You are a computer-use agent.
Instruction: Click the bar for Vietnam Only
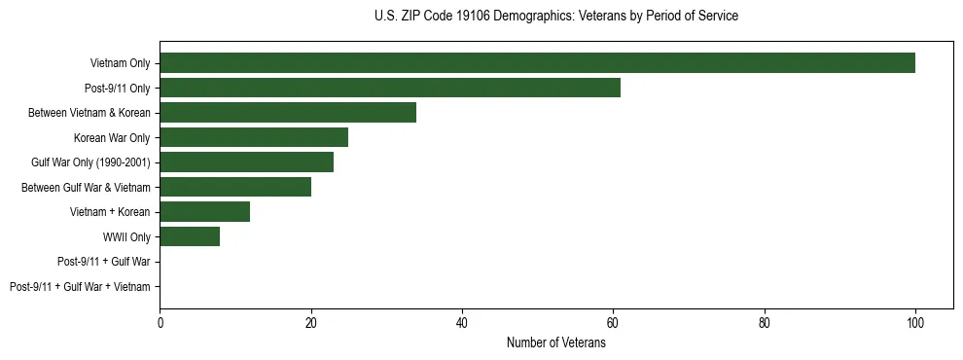pyautogui.click(x=537, y=63)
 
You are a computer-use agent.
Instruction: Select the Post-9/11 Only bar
pyautogui.click(x=390, y=89)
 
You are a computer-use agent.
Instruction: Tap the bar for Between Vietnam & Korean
pyautogui.click(x=288, y=113)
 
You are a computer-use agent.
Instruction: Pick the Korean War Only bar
pyautogui.click(x=254, y=138)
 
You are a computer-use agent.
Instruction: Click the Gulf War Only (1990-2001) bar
pyautogui.click(x=246, y=162)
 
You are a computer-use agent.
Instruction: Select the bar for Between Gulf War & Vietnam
pyautogui.click(x=235, y=187)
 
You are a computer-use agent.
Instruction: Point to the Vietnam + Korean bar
pyautogui.click(x=205, y=212)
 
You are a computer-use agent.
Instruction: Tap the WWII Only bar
pyautogui.click(x=190, y=236)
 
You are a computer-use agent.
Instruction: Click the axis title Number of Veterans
pyautogui.click(x=556, y=342)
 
